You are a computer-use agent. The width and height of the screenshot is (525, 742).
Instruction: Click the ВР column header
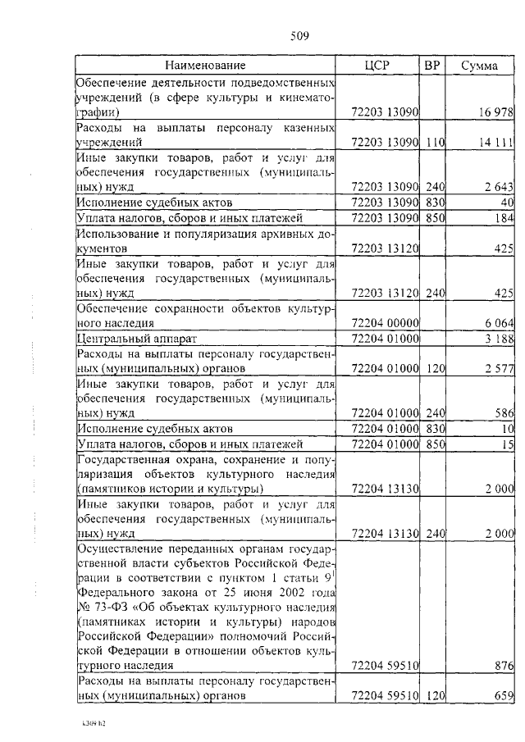coord(432,65)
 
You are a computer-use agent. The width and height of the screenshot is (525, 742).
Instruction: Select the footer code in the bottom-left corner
coord(84,725)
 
